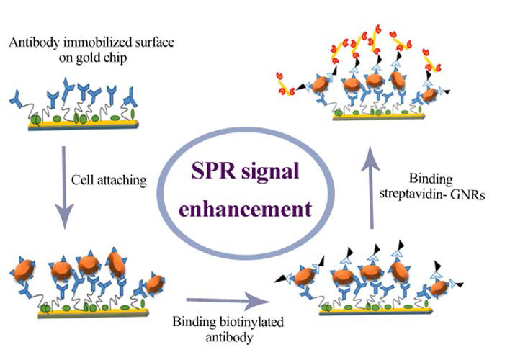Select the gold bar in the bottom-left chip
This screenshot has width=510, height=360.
point(79,314)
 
